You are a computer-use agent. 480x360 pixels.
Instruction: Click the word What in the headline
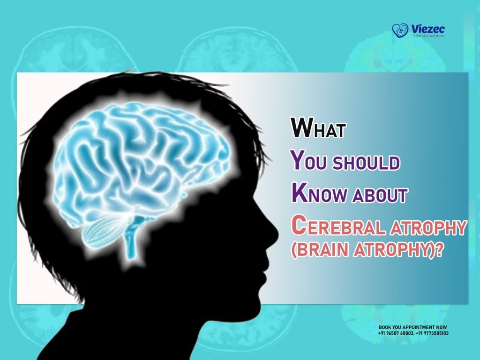318,128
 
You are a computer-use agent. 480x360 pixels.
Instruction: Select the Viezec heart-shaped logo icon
399,30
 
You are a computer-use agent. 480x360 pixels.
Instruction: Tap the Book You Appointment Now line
412,327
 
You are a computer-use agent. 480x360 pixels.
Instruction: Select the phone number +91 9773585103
432,333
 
